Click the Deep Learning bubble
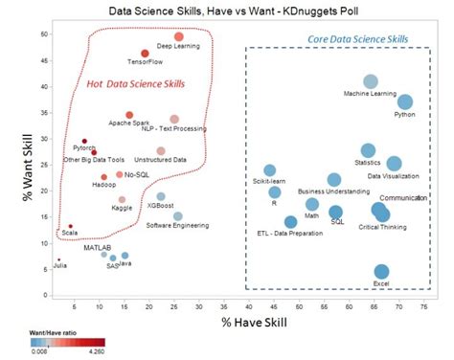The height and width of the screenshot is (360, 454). click(x=178, y=36)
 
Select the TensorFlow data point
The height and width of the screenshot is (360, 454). click(x=145, y=54)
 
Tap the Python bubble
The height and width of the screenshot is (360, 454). click(x=405, y=101)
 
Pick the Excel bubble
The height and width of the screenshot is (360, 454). click(x=381, y=272)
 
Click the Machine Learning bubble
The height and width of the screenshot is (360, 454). click(x=371, y=81)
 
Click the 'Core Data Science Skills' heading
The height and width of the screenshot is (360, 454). click(x=359, y=39)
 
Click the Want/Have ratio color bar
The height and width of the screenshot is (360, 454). click(x=66, y=341)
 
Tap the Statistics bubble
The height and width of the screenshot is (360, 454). click(x=368, y=150)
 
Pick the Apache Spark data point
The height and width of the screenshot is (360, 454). click(x=129, y=115)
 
